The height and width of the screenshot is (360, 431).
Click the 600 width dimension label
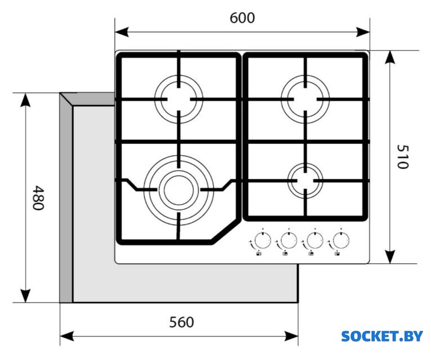pos(242,18)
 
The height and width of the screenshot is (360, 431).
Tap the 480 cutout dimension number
pos(37,197)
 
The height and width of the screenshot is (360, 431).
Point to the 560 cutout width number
pos(182,322)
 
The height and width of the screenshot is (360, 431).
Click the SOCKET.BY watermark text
pos(381,336)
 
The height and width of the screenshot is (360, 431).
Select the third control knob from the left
pos(313,241)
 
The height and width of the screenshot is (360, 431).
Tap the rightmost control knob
pos(339,241)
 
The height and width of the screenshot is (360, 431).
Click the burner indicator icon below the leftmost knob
pos(258,254)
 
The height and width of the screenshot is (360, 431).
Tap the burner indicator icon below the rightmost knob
pos(336,254)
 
